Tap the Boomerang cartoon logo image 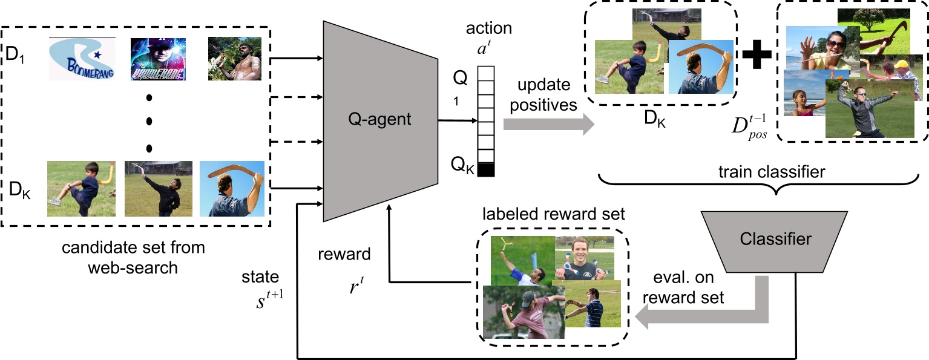(82, 59)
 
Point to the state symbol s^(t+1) (266, 299)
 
